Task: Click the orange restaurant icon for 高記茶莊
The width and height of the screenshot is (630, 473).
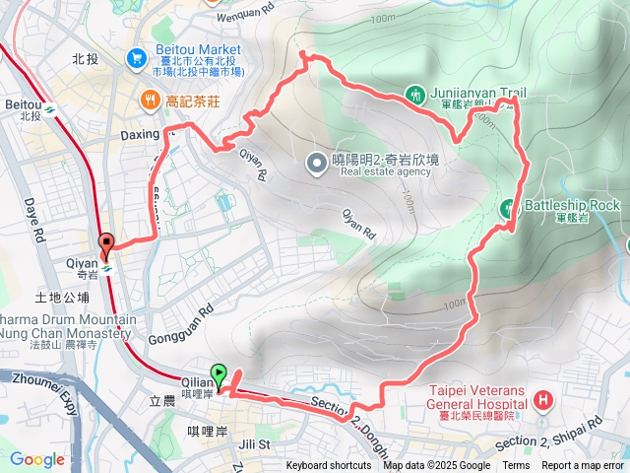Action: click(150, 99)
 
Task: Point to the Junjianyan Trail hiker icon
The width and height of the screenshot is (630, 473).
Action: click(415, 96)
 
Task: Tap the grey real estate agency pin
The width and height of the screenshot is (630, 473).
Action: click(316, 162)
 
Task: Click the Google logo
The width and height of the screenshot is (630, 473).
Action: click(36, 459)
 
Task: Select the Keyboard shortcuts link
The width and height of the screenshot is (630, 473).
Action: click(329, 466)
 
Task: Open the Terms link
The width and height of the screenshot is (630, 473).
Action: click(516, 466)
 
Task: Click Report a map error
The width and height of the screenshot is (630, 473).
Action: click(583, 466)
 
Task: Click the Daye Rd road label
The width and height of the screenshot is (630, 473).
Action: click(31, 223)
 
